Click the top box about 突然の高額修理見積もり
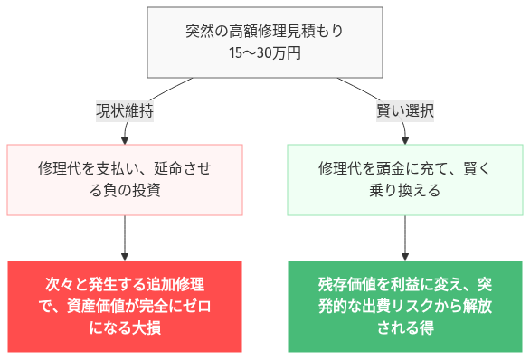coord(264,42)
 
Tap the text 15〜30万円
coord(264,53)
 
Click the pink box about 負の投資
coord(125,179)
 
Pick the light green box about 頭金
coord(404,179)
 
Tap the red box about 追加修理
coord(125,307)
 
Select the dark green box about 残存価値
coord(404,307)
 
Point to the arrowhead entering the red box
coord(125,256)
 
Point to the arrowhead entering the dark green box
coord(404,256)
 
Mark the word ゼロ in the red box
coord(197,307)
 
